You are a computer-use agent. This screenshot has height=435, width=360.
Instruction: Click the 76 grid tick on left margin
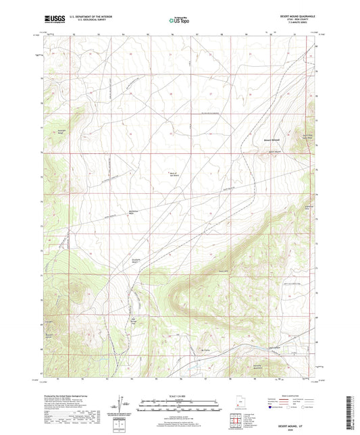[x=41, y=153]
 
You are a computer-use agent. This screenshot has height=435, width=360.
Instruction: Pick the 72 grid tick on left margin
[x=41, y=251]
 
